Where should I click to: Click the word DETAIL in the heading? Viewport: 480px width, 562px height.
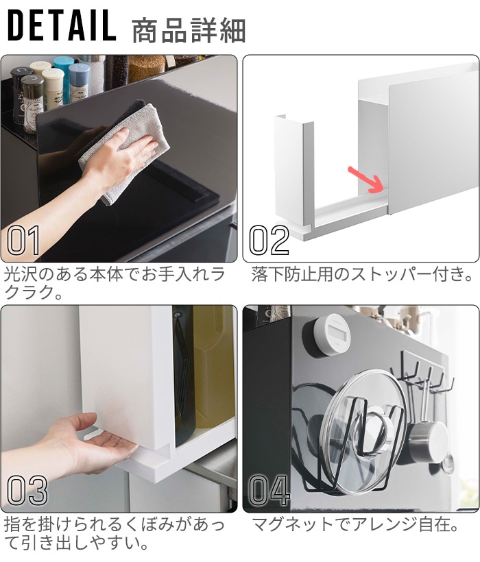coord(62,25)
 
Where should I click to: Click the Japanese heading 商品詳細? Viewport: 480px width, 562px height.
coord(189,31)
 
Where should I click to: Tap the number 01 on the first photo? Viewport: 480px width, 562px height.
coord(23,241)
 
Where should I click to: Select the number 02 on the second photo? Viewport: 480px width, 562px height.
coord(269,241)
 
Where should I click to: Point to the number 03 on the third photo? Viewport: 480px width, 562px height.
coord(27,490)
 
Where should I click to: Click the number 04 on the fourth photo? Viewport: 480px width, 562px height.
coord(269,490)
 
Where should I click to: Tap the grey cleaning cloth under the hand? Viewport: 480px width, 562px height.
coord(123,151)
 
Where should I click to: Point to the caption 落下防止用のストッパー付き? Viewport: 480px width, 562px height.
coord(361,274)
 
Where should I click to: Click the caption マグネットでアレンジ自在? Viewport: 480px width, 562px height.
coord(355,525)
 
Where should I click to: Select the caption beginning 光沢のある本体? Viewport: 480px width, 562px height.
coord(114,283)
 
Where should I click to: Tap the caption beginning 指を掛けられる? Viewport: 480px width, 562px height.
coord(114,534)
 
